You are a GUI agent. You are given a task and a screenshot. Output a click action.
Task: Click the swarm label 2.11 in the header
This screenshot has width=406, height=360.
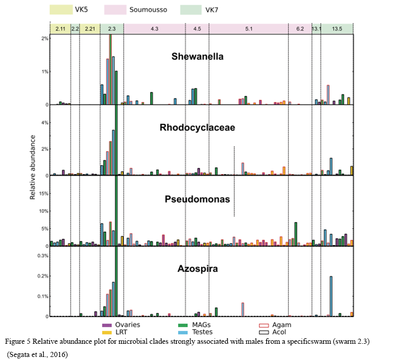[x=60, y=29]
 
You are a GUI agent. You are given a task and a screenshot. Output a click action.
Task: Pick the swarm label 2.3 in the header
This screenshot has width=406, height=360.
[x=112, y=29]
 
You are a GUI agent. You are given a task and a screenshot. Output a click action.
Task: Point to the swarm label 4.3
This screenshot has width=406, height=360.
[x=154, y=29]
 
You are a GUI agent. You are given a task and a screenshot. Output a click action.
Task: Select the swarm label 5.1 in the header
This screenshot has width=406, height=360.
[x=249, y=29]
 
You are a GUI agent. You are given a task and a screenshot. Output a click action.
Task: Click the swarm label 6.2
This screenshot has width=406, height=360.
[x=300, y=29]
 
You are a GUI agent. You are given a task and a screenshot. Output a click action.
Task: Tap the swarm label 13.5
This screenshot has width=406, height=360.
[x=337, y=29]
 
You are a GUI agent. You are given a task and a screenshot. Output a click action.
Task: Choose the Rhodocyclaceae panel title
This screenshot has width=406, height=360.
[x=197, y=128]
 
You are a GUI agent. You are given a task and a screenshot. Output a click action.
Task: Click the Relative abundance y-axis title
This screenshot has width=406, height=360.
[x=32, y=166]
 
